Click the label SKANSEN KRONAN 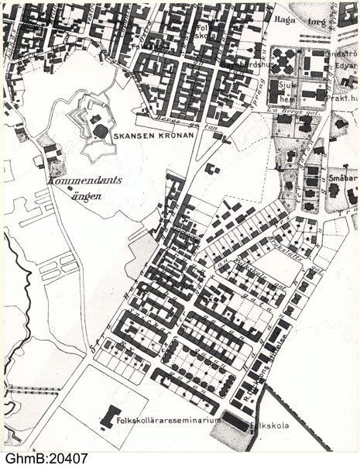click(x=147, y=133)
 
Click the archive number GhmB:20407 click(x=46, y=458)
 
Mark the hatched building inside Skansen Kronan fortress click(x=101, y=129)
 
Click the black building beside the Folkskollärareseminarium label click(x=111, y=416)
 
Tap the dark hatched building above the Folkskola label click(x=237, y=425)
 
